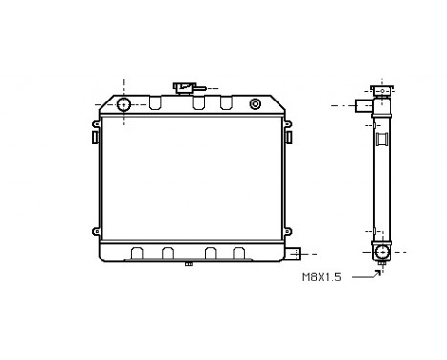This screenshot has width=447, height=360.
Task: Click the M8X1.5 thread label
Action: pyautogui.click(x=323, y=278)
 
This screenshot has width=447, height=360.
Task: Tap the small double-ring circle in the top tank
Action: pyautogui.click(x=255, y=103)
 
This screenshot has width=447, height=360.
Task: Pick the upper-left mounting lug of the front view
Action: pyautogui.click(x=97, y=124)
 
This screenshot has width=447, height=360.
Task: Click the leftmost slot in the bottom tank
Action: pyautogui.click(x=137, y=254)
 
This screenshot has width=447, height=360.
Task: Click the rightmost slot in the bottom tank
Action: pyautogui.click(x=237, y=254)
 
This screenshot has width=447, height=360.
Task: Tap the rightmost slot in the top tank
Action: pyautogui.click(x=226, y=102)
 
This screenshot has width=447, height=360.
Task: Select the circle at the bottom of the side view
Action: pyautogui.click(x=382, y=252)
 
